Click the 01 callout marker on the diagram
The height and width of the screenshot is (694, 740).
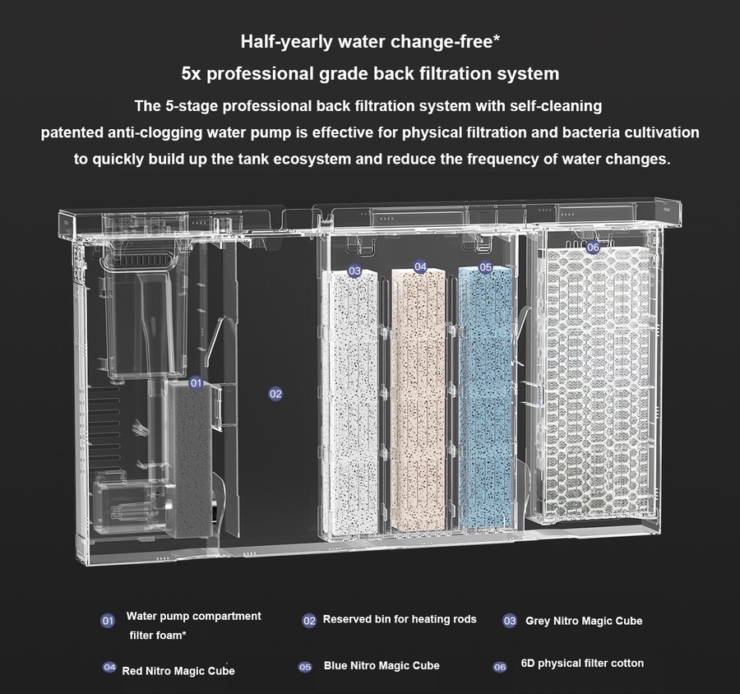point(196,383)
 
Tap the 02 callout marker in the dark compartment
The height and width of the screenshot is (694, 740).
point(275,394)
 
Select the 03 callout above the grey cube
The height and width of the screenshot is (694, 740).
point(354,271)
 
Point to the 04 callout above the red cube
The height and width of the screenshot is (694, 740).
point(420,267)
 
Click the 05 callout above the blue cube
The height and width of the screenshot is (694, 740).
point(486,268)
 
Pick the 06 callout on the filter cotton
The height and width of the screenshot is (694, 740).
point(593,247)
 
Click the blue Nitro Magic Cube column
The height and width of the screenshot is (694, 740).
point(486,399)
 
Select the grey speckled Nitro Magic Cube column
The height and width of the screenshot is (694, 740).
point(350,402)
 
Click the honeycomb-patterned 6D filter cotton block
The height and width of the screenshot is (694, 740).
point(599,382)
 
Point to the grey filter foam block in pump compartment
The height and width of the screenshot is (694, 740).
point(190,460)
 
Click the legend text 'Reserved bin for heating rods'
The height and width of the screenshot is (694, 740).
point(400,619)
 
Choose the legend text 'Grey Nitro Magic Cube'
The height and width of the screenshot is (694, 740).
point(584,621)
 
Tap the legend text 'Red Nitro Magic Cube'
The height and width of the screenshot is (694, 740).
point(178,671)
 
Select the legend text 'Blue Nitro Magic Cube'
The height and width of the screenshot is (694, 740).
point(382,666)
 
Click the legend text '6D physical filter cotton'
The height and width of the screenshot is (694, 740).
point(582,664)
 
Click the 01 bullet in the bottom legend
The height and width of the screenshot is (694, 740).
point(108,621)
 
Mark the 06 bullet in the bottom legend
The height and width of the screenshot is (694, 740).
point(500,667)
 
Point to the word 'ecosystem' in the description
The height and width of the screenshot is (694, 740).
point(312,159)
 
